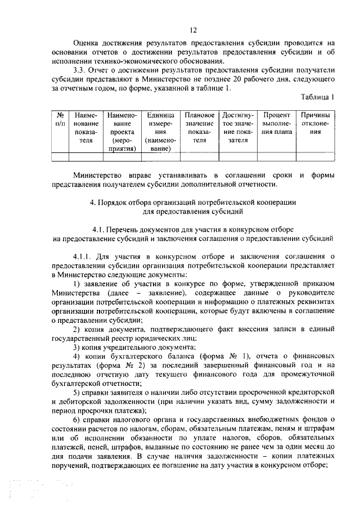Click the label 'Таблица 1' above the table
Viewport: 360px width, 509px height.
click(x=318, y=97)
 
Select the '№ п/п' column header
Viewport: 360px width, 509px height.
click(x=59, y=119)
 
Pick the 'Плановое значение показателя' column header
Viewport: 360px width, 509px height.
click(x=200, y=127)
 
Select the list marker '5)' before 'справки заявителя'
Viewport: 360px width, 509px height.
click(x=77, y=391)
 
